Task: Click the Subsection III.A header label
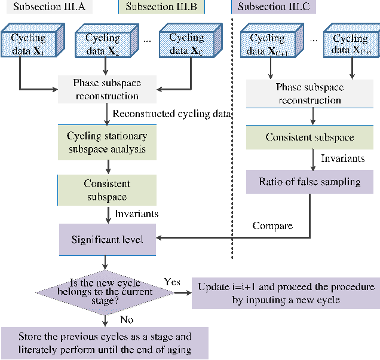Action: tap(50, 7)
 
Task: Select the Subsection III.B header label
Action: tap(161, 7)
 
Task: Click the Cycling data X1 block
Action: tap(34, 43)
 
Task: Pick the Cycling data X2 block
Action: tap(102, 43)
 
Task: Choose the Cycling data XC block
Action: tap(186, 43)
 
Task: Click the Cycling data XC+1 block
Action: tap(267, 43)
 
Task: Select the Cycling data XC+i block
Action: tap(350, 43)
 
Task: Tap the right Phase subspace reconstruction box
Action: tap(309, 93)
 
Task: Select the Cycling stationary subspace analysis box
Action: tap(106, 142)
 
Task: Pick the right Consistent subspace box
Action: tap(309, 138)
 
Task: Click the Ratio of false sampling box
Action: tap(309, 181)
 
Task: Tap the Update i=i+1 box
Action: tap(286, 293)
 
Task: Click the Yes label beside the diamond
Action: tap(172, 280)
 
